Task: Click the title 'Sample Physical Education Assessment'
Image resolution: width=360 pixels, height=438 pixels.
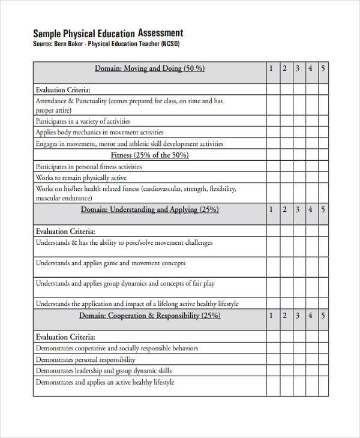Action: pyautogui.click(x=108, y=33)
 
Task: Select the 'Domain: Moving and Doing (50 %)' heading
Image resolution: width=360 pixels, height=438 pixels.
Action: pyautogui.click(x=149, y=68)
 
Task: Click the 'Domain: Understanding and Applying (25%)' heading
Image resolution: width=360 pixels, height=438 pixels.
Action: pyautogui.click(x=149, y=209)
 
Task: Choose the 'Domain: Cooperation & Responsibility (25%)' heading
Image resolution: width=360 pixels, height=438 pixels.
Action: pyautogui.click(x=149, y=315)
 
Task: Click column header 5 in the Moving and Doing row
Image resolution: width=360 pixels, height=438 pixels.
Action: pyautogui.click(x=323, y=68)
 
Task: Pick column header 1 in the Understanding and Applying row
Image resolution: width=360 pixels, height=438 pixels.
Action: pyautogui.click(x=271, y=209)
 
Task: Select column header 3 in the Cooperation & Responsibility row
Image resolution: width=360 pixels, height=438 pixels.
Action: pyautogui.click(x=297, y=315)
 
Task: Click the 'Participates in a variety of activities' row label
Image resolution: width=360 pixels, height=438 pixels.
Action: pyautogui.click(x=83, y=121)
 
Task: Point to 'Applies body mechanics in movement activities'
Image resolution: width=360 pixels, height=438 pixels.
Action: pyautogui.click(x=99, y=132)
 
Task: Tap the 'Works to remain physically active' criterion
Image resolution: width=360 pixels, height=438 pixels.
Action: pyautogui.click(x=80, y=178)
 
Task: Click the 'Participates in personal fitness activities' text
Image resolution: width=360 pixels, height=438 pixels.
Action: pyautogui.click(x=89, y=166)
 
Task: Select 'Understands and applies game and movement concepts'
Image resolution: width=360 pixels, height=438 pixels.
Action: pyautogui.click(x=110, y=263)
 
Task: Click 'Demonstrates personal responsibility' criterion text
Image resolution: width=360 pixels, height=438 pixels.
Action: pyautogui.click(x=85, y=359)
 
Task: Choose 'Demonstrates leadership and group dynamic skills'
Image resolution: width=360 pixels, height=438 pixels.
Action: pyautogui.click(x=103, y=371)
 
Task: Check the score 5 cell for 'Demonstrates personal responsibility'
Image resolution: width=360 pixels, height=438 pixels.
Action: pyautogui.click(x=323, y=359)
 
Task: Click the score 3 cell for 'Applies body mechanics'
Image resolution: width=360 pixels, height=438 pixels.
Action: pyautogui.click(x=298, y=132)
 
